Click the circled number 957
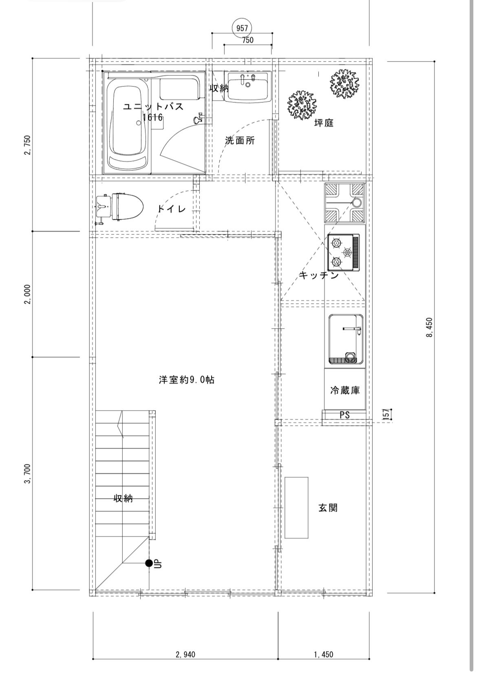242,28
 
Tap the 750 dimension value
248,40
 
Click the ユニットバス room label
154,106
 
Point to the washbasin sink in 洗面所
248,86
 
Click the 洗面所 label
240,140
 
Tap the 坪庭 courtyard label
324,123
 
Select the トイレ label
172,209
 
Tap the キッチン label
319,275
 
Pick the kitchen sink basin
346,339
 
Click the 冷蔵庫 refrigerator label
345,390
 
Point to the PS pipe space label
344,415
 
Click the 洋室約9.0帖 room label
186,380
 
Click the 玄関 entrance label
328,508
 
